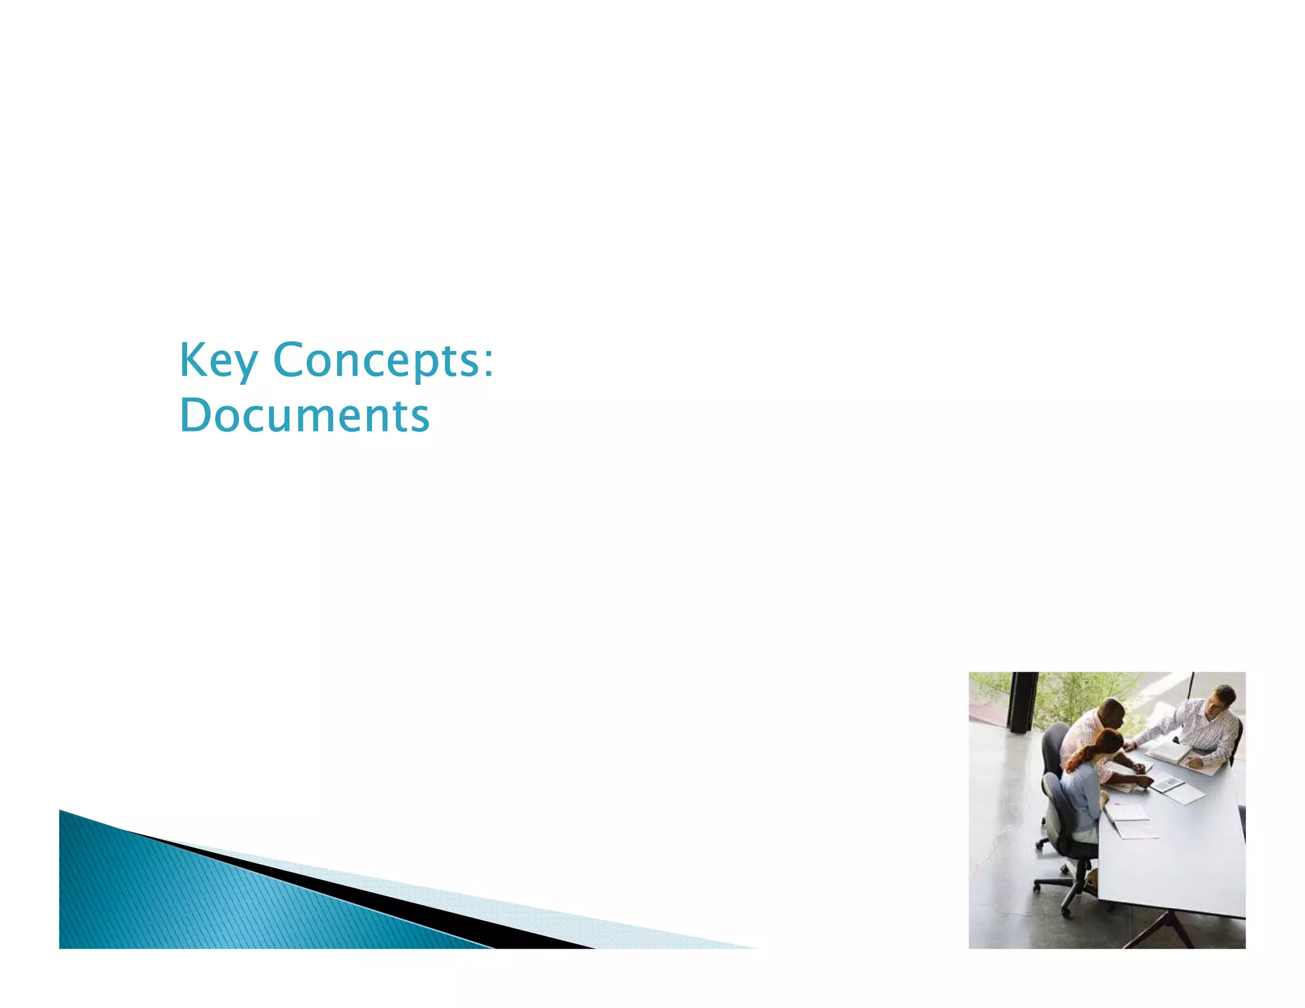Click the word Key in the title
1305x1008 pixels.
218,361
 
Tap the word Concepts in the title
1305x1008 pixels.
376,361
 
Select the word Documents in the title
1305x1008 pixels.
305,415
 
